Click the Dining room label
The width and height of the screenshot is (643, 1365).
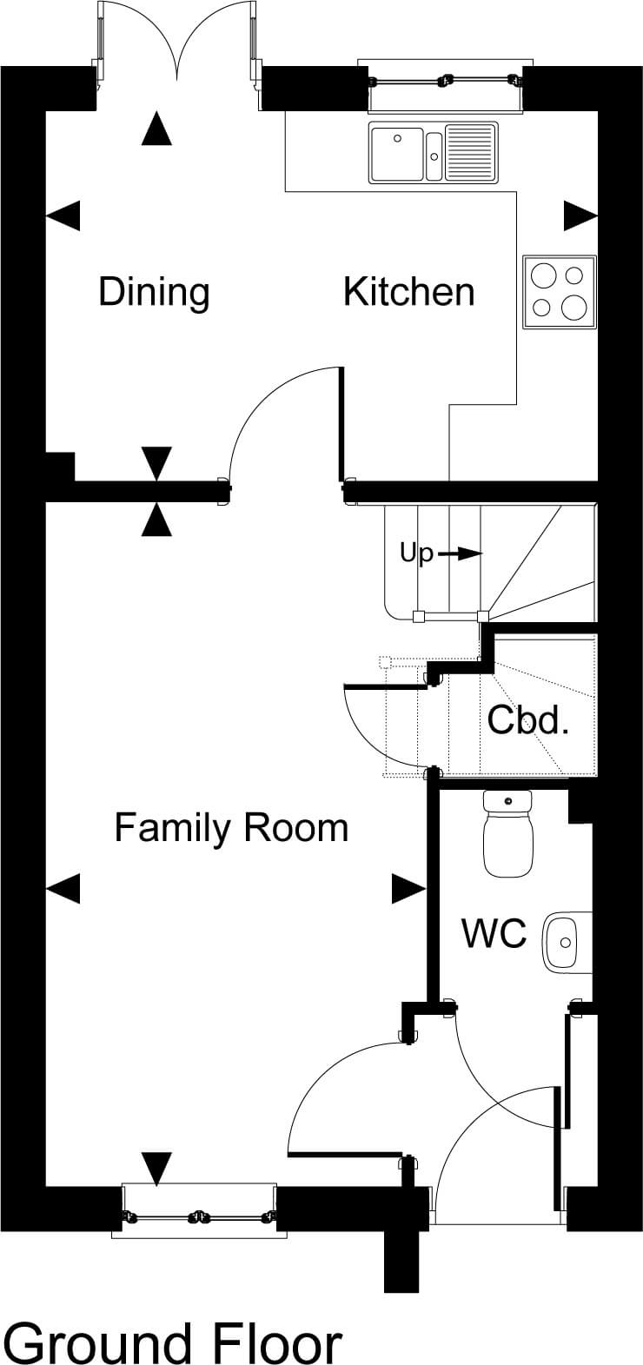[x=154, y=294]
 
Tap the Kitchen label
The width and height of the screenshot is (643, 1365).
[x=409, y=292]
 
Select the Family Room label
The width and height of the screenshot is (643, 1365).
[x=232, y=828]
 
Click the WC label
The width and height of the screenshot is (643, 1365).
[x=494, y=932]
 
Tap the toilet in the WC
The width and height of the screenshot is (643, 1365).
[x=508, y=833]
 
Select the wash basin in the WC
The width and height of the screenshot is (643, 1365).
[x=567, y=942]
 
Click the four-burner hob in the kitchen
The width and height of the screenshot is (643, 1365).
[x=560, y=292]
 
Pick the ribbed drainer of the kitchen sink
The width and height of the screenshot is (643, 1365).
[x=471, y=152]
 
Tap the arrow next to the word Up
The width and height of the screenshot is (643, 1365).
[x=461, y=553]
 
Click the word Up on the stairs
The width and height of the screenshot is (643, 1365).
[x=417, y=554]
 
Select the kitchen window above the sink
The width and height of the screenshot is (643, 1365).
[x=446, y=85]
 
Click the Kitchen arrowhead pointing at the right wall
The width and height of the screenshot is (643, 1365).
[x=580, y=215]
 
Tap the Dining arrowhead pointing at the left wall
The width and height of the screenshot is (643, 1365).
[x=63, y=215]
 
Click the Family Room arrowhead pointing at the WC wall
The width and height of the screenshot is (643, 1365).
[x=408, y=889]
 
